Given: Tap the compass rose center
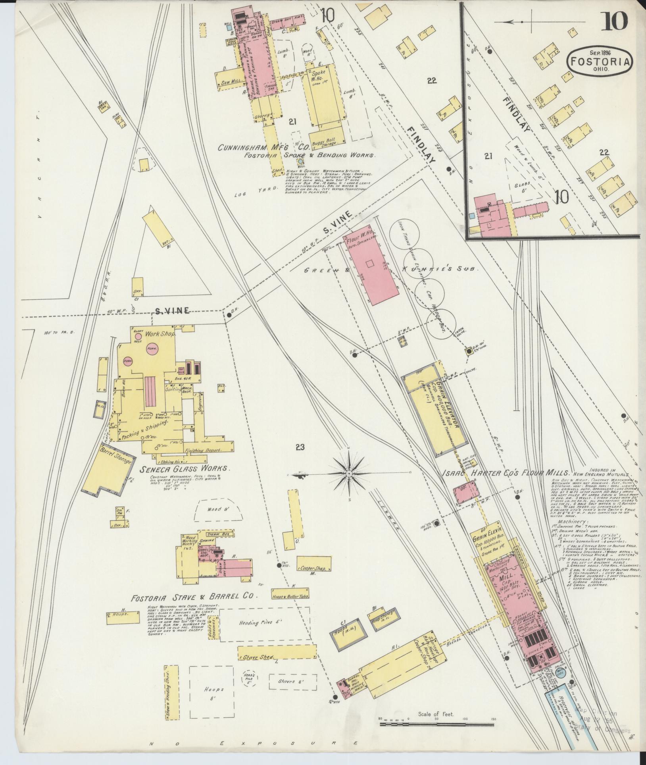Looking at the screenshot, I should pyautogui.click(x=349, y=474).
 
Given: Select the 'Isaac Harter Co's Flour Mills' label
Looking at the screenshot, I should pyautogui.click(x=506, y=473).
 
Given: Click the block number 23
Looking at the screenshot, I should pyautogui.click(x=300, y=447).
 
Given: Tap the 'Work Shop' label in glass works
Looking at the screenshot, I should pyautogui.click(x=160, y=334).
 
